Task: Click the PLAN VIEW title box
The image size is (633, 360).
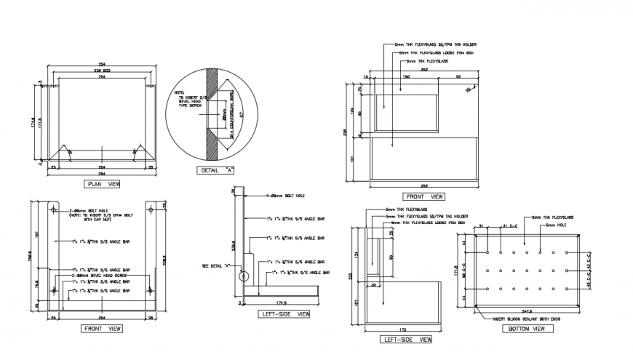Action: [x=103, y=184]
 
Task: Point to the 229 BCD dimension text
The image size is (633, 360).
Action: [x=102, y=70]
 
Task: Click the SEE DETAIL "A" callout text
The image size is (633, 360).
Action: [x=215, y=266]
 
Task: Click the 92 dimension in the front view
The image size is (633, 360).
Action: [x=457, y=76]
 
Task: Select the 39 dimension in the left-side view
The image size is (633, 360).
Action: [x=375, y=287]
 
